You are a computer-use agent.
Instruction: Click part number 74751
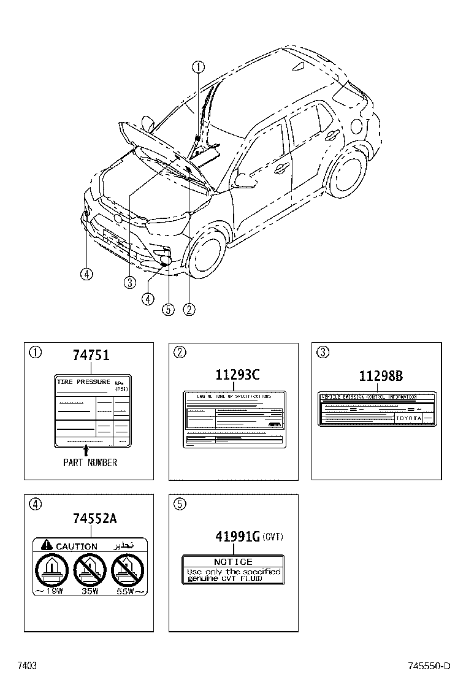coord(91,356)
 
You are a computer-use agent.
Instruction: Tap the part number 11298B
coord(381,376)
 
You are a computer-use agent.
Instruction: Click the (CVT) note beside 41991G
coord(272,537)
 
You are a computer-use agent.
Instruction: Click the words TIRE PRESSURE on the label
coord(83,382)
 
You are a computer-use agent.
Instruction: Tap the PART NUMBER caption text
coord(90,462)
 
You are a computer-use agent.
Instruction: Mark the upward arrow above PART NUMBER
coord(85,450)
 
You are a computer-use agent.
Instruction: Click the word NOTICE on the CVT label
coord(233,562)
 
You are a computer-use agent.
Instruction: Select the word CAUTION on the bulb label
coord(77,546)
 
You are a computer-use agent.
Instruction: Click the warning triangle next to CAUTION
coord(46,545)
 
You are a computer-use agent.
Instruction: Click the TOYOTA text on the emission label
coord(409,418)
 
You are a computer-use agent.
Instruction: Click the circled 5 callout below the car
coord(168,310)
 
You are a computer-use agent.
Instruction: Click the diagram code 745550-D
coord(429,666)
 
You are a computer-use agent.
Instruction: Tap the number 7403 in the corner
coord(26,666)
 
